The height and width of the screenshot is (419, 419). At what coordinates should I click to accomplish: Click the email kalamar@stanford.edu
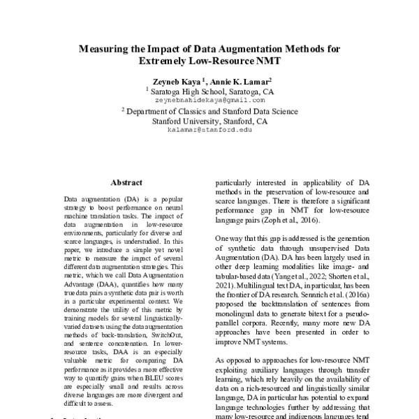[x=209, y=130]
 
